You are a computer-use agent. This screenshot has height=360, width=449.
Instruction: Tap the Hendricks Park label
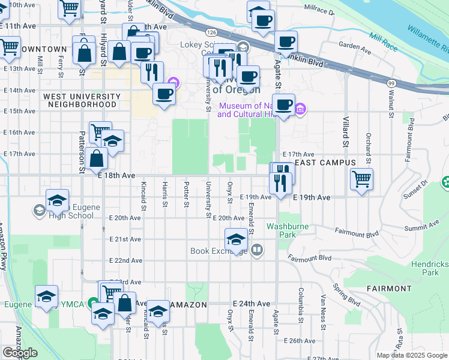[x=430, y=268]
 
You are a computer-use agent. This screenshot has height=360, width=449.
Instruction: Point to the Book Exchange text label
[x=218, y=251]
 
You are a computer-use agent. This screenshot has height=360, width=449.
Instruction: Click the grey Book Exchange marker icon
[x=257, y=249]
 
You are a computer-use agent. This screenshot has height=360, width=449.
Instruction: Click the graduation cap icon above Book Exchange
[x=237, y=239]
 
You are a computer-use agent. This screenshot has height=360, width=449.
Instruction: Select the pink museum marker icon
[x=301, y=109]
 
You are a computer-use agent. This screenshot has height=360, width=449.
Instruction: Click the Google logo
[x=20, y=353]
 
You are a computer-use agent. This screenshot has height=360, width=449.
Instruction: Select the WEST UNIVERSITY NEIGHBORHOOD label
[x=82, y=100]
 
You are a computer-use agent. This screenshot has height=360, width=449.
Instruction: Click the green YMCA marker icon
[x=93, y=304]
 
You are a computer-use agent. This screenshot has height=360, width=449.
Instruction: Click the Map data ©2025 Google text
[x=411, y=355]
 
